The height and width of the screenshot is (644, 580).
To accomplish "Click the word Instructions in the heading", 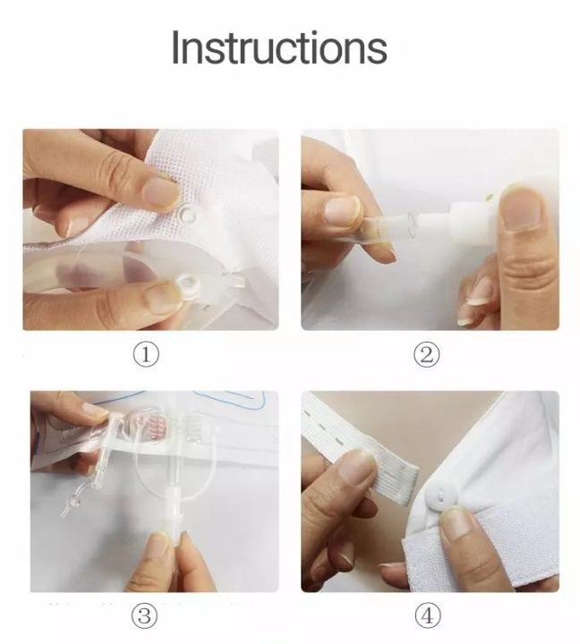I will point(279,47).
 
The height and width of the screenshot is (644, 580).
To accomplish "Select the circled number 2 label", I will point(428,354).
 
